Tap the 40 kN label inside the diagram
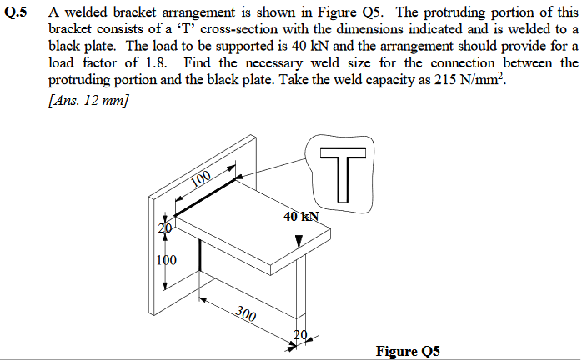click(300, 217)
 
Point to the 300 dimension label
click(245, 312)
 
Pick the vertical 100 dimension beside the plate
click(167, 259)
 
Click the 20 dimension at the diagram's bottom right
click(300, 336)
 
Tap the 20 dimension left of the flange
click(164, 227)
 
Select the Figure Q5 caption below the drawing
click(408, 351)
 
